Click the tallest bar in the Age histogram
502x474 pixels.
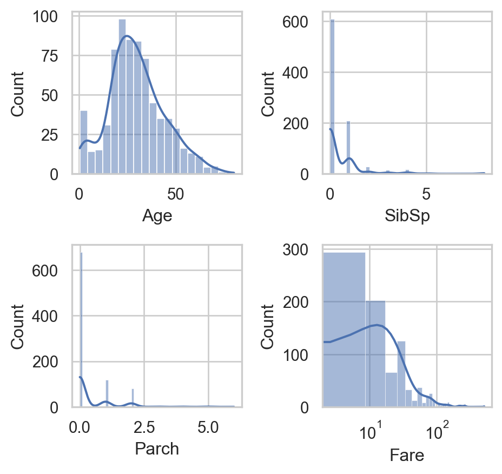pos(122,97)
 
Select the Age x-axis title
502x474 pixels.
pos(157,216)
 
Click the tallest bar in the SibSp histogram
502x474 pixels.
pos(332,97)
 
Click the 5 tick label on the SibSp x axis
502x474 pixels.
pos(426,193)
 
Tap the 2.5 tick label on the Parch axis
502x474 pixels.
pos(144,427)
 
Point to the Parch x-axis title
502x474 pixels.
pos(157,449)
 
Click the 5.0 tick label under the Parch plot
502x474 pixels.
pos(208,427)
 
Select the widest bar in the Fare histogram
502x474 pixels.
pos(344,330)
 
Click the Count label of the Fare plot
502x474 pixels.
pos(269,327)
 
